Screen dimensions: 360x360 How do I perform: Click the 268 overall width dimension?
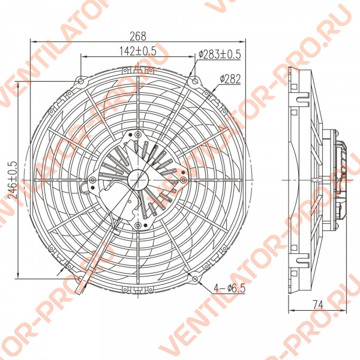[x=138, y=36]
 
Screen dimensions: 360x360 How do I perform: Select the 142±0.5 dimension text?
[x=138, y=51]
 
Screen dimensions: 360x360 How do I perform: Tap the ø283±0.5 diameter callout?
[x=220, y=55]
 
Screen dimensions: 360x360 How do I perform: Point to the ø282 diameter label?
[x=230, y=79]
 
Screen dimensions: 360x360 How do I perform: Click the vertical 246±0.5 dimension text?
[x=13, y=180]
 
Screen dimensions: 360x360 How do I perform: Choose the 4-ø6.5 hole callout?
[x=230, y=288]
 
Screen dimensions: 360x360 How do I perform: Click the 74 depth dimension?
[x=318, y=305]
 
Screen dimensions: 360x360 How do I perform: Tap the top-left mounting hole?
[x=81, y=81]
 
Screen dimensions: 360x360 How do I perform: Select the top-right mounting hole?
[x=194, y=81]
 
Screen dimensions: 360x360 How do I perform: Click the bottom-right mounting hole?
[x=194, y=279]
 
